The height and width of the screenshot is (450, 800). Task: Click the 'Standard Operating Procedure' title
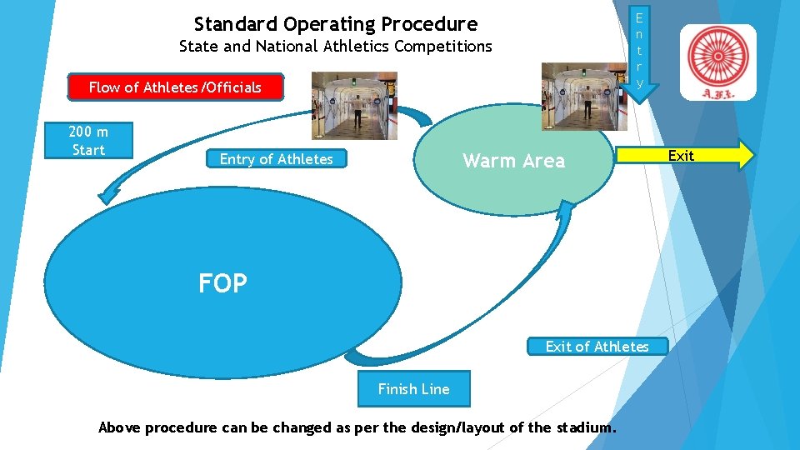335,23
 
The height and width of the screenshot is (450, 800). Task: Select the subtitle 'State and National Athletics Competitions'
335,47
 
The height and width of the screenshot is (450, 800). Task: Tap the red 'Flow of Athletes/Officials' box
175,87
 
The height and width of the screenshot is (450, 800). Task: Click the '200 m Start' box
88,141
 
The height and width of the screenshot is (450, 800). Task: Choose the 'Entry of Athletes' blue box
276,159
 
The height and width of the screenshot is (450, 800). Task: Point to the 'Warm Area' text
513,161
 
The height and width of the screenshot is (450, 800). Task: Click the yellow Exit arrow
683,156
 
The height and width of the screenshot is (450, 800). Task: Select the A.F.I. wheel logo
717,61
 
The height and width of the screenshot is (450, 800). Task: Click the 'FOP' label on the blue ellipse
222,284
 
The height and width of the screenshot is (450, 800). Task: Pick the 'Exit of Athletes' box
597,346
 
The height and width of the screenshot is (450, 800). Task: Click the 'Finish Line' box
413,389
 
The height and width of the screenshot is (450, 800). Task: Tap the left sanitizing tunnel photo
354,105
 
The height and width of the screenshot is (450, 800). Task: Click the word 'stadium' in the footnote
584,427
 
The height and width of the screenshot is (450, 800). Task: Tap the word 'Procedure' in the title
429,23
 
